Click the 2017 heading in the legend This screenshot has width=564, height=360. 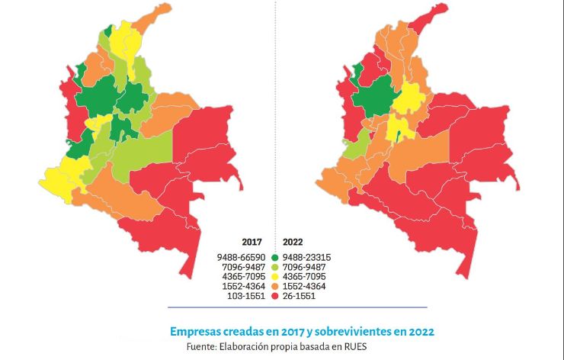(x=252, y=242)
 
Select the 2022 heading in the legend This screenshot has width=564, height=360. (x=294, y=242)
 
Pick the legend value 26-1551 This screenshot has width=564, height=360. (x=303, y=296)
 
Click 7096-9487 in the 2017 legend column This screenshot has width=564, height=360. (x=242, y=267)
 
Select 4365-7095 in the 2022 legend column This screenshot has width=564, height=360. (x=306, y=277)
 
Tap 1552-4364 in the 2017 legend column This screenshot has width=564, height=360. (x=242, y=286)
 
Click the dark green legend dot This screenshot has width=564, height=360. (x=274, y=257)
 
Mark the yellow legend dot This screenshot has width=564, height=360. (x=274, y=277)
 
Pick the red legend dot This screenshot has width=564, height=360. (x=274, y=296)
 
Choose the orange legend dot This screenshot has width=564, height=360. (x=274, y=286)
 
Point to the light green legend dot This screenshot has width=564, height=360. (x=274, y=267)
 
